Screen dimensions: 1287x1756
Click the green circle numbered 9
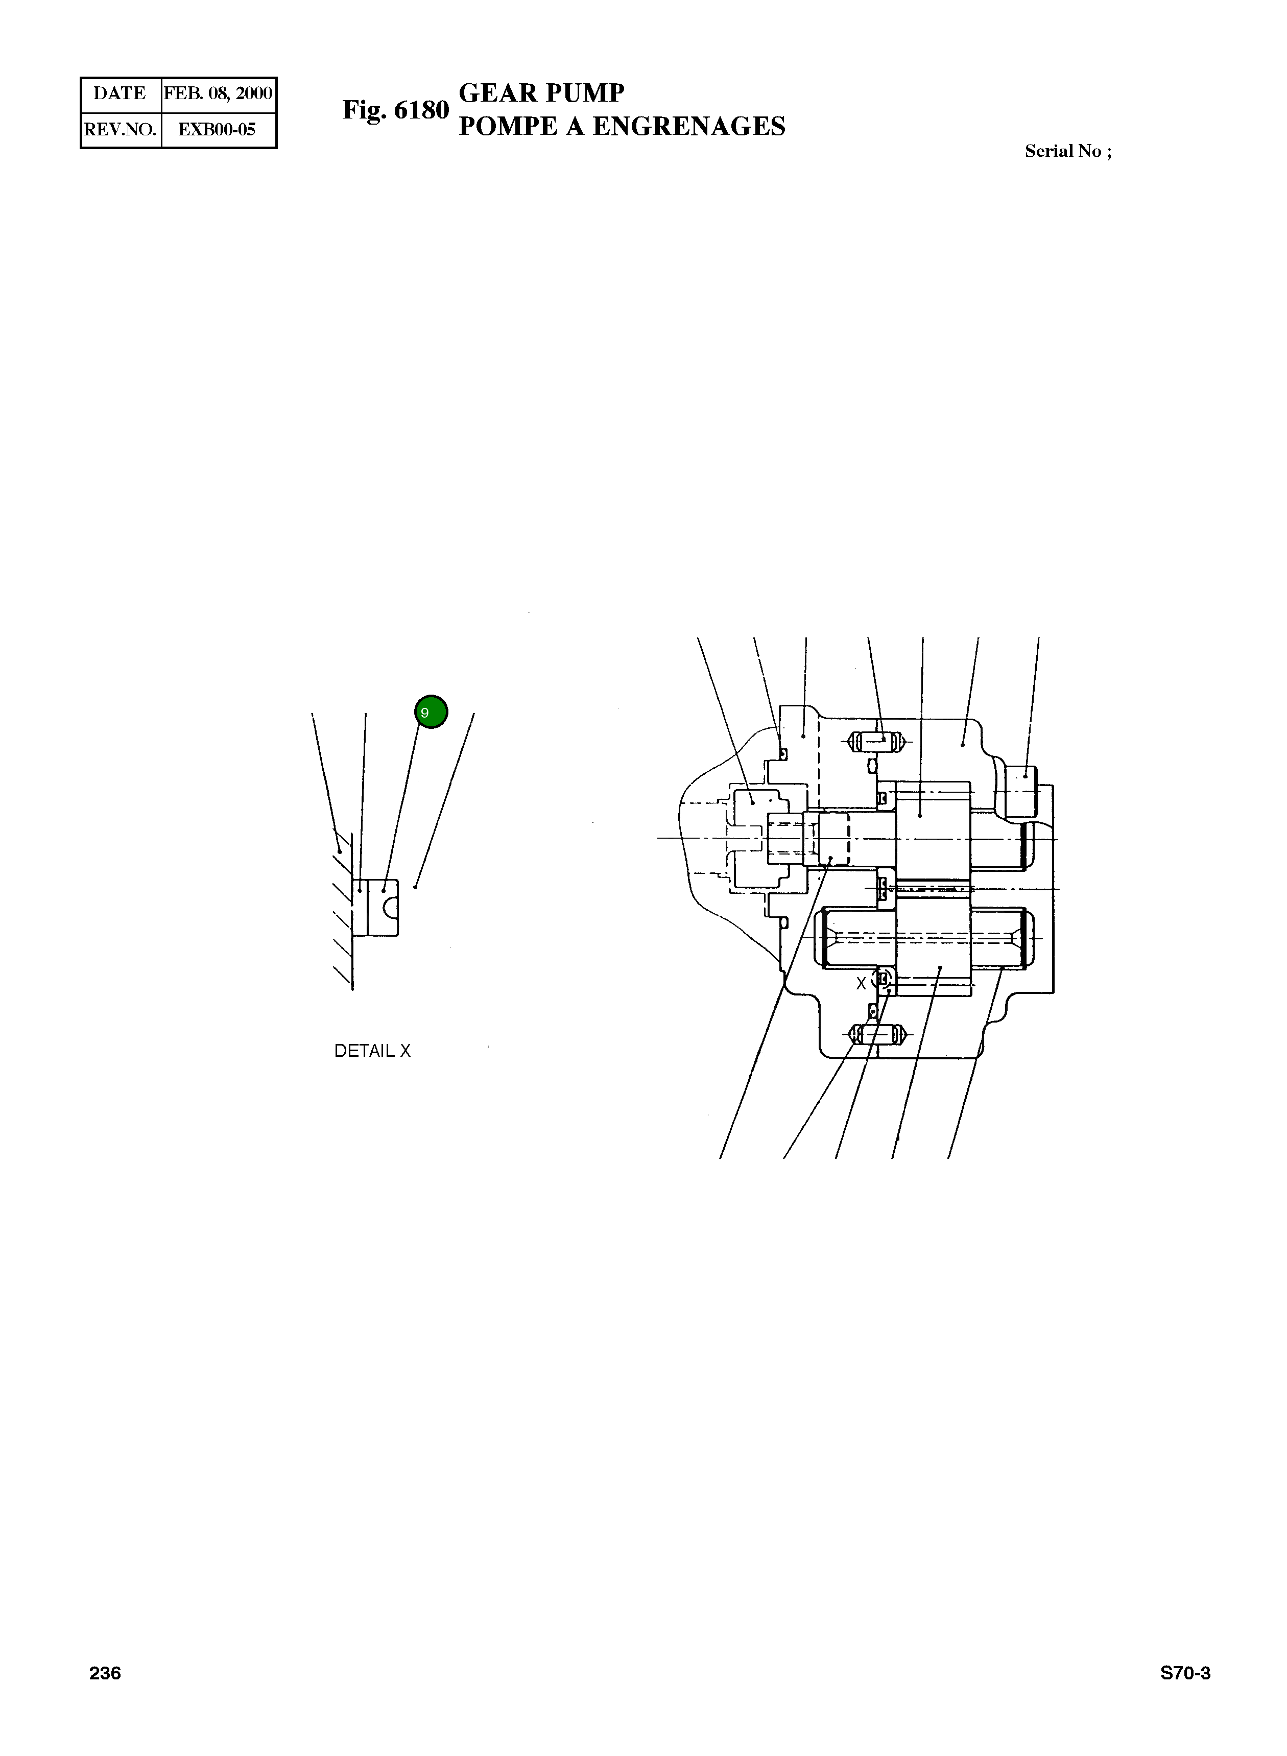[x=431, y=711]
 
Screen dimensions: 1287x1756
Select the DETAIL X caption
[x=372, y=1051]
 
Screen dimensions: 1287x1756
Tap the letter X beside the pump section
[x=861, y=984]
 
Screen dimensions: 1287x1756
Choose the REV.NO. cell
[x=121, y=130]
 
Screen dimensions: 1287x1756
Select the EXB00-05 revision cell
[x=218, y=130]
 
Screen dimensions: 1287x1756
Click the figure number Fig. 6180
[x=396, y=111]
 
